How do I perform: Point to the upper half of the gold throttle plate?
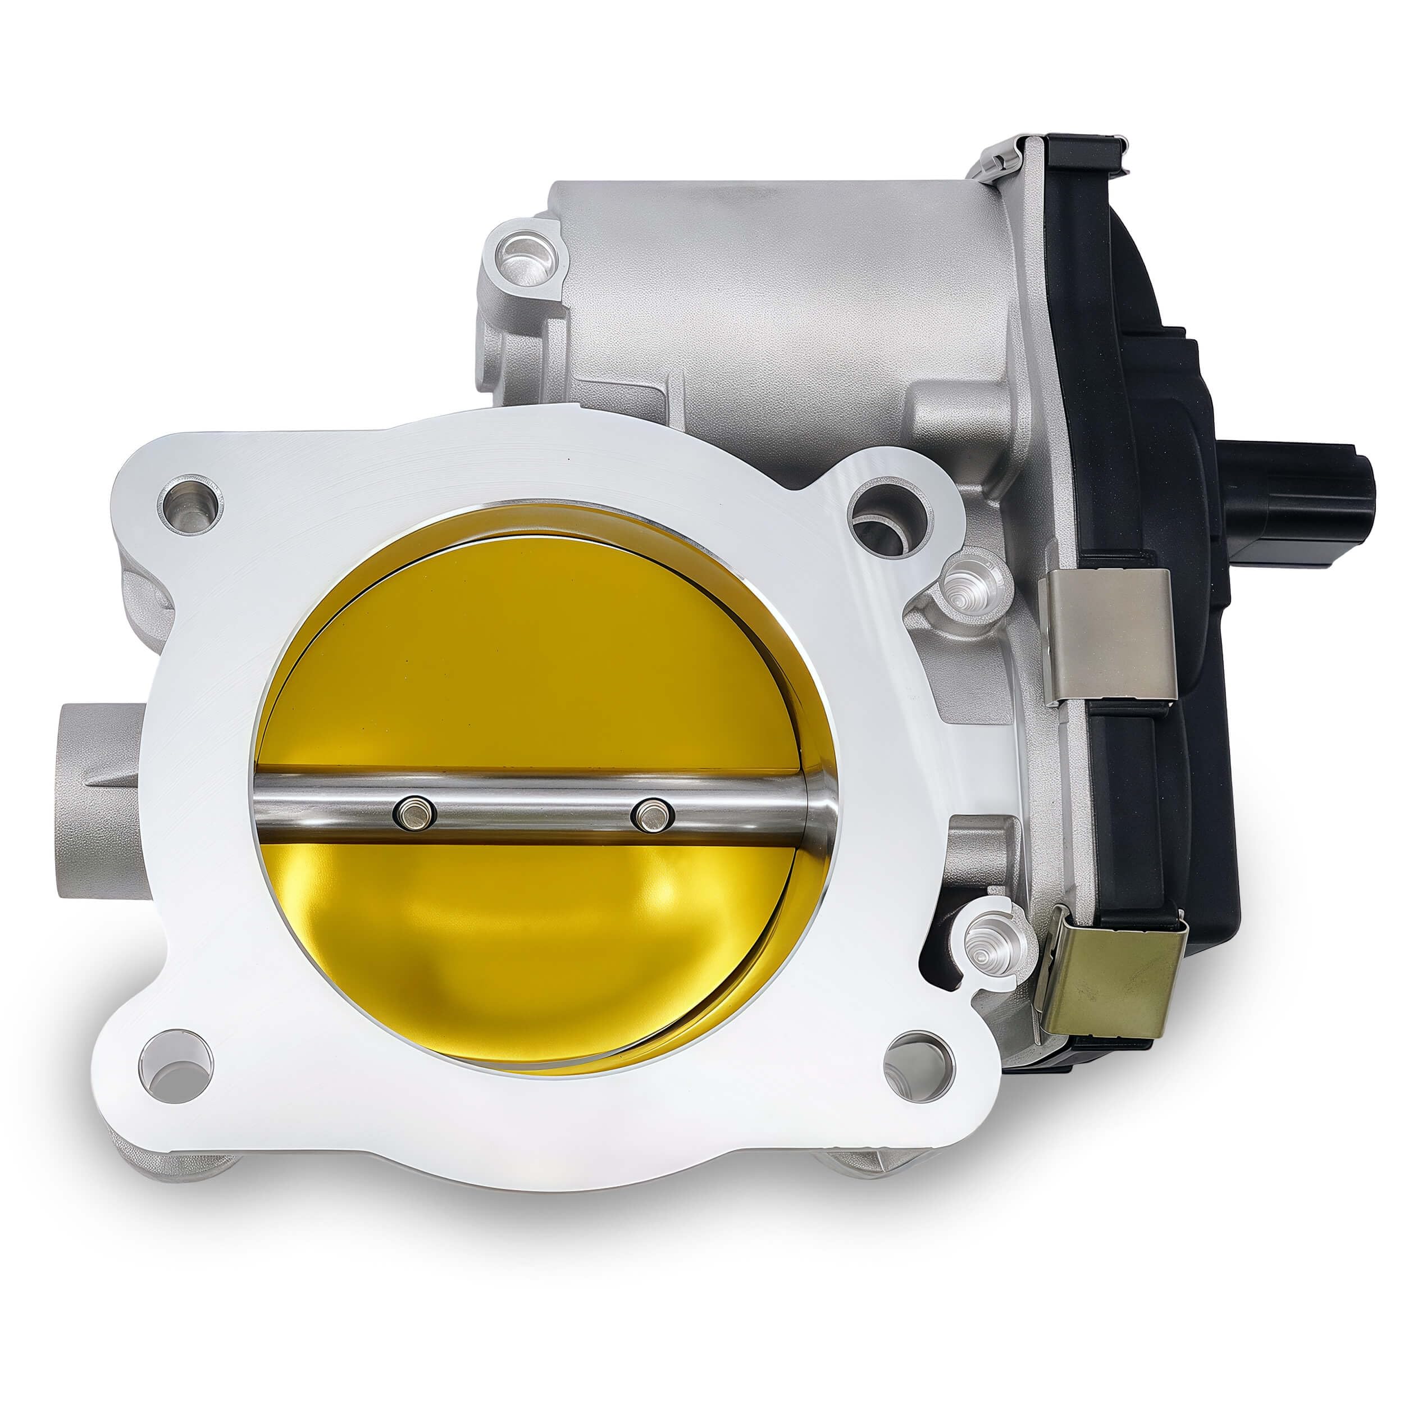531,654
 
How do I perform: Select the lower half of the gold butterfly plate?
531,945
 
